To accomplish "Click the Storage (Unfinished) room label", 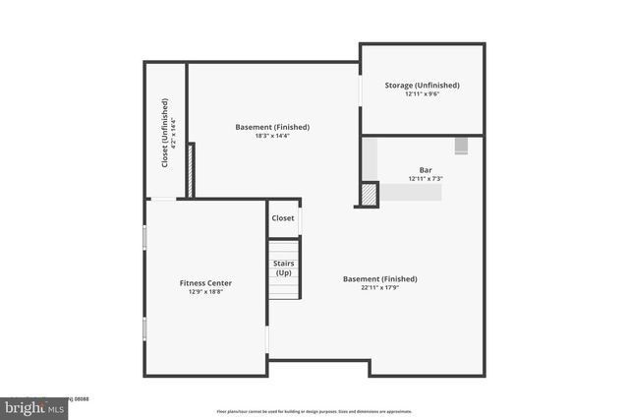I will [x=423, y=86].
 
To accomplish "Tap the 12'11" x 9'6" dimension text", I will [x=423, y=95].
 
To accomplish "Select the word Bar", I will [x=426, y=169].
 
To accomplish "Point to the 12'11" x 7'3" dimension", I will [x=426, y=179].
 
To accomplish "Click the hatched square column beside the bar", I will [x=369, y=195].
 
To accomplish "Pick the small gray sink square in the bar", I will [x=462, y=146].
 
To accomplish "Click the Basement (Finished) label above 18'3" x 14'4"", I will [x=272, y=127].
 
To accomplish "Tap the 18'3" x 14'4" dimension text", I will [x=272, y=137].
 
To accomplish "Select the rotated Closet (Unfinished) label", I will [x=165, y=132].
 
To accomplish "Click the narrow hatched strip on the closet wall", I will [x=193, y=170].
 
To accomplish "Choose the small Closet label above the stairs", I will [x=283, y=218].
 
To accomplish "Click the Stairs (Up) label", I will [x=283, y=268].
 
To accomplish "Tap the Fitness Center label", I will [x=205, y=282].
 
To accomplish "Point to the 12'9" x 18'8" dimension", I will [x=205, y=292].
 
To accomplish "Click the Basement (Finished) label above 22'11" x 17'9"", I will [x=378, y=278].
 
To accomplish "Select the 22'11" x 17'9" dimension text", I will [x=378, y=288].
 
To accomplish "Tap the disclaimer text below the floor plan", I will [x=314, y=411].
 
